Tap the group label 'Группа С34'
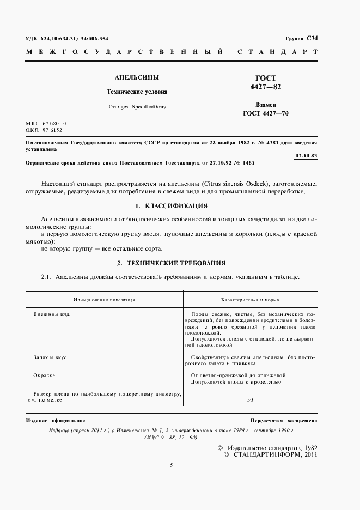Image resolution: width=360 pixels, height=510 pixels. click(x=301, y=38)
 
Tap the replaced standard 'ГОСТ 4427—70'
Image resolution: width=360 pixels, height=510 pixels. click(x=266, y=114)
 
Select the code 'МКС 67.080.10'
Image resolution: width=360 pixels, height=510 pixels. click(x=46, y=124)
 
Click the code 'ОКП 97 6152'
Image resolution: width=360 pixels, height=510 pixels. click(x=44, y=131)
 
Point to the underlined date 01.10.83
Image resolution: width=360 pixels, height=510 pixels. click(x=305, y=155)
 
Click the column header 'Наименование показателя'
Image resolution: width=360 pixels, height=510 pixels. click(x=105, y=300)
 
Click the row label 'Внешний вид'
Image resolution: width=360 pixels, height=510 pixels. click(x=51, y=315)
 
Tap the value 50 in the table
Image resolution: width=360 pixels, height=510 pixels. click(x=250, y=400)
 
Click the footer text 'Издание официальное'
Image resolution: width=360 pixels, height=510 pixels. click(x=56, y=421)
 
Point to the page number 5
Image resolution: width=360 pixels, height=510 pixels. click(x=171, y=465)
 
